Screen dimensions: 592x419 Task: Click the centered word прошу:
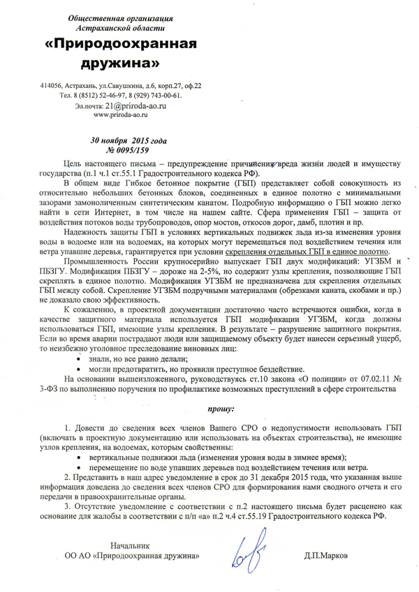pyautogui.click(x=222, y=407)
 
